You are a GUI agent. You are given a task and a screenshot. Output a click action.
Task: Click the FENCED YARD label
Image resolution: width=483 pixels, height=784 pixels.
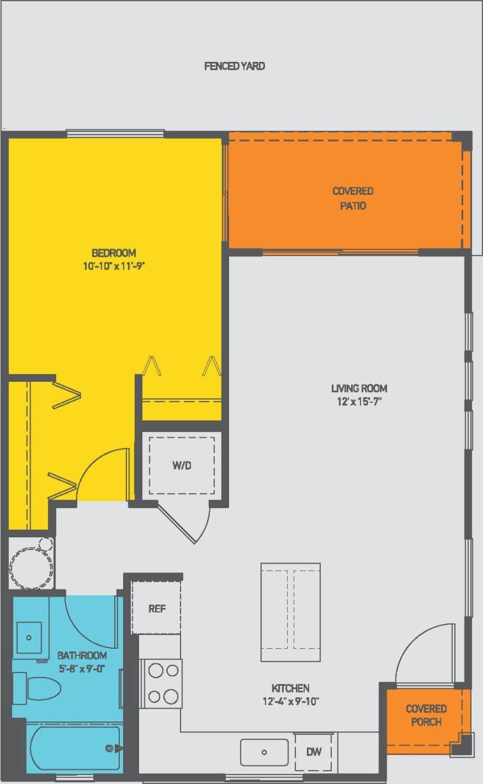point(234,66)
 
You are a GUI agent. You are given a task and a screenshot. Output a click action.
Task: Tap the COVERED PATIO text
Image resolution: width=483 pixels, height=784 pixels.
point(353,198)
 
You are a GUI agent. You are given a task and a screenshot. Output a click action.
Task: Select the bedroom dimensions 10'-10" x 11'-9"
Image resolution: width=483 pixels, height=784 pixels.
point(114,265)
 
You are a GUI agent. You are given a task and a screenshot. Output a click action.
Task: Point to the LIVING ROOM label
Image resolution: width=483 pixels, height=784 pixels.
point(359,388)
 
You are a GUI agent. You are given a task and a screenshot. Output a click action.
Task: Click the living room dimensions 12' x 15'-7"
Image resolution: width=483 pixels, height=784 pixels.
point(359,402)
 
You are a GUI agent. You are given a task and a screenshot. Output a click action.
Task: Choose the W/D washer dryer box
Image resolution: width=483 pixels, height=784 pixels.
point(182,465)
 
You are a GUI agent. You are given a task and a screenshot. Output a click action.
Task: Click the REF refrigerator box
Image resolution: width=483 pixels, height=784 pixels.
point(157,609)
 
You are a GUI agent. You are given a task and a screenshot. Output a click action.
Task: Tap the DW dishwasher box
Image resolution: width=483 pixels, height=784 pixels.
point(314,752)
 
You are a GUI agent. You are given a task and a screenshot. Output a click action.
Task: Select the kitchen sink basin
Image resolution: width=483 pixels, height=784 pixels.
point(264,752)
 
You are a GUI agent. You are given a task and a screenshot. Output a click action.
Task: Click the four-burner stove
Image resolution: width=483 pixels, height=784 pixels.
point(162,683)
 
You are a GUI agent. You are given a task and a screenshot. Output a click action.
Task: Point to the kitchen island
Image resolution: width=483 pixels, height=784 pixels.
point(290,613)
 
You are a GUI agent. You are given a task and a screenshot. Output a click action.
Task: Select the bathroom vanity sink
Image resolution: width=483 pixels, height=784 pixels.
point(29,637)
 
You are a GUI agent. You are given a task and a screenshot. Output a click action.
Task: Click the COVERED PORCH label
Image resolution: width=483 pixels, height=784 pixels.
point(426,715)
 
